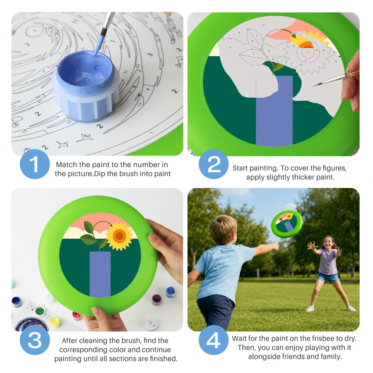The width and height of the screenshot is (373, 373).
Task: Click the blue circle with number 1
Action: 35,164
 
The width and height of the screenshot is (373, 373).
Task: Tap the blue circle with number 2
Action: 214,164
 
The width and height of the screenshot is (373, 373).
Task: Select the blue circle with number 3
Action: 35,340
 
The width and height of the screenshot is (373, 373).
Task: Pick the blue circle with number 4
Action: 214,340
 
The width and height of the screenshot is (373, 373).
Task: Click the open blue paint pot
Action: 86,86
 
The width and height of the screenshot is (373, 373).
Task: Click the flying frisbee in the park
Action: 286,224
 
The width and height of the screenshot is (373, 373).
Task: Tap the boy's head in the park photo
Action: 223,229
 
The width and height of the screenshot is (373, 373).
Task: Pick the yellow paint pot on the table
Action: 55,322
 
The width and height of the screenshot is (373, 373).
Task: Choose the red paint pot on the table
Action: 77,316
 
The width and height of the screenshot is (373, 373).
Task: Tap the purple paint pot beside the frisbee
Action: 157,300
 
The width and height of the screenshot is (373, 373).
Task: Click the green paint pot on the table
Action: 40,311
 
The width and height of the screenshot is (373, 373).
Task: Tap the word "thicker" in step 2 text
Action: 303,177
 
